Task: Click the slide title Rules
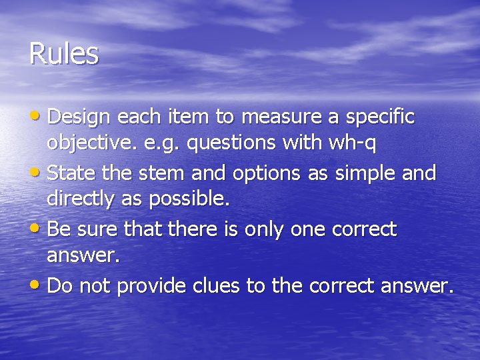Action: (x=64, y=54)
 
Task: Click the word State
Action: (x=71, y=174)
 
